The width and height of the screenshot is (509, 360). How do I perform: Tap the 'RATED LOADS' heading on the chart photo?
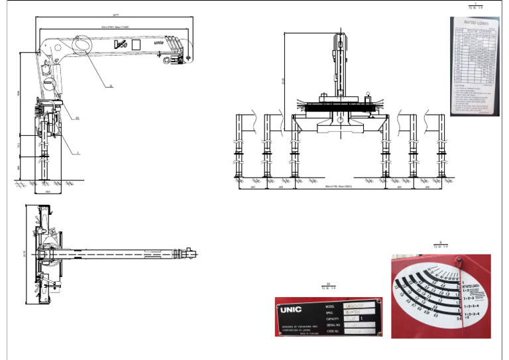point(473,23)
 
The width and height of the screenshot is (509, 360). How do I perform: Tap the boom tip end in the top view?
point(193,253)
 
